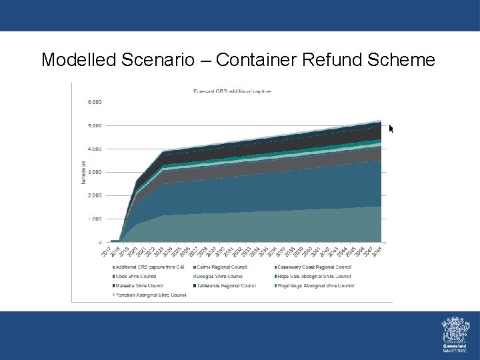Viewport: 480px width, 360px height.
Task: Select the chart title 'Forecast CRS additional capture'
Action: click(231, 91)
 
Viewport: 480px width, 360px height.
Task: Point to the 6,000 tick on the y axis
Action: click(95, 102)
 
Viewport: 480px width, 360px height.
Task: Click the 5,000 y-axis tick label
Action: click(95, 125)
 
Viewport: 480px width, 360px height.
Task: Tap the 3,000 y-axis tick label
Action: click(95, 172)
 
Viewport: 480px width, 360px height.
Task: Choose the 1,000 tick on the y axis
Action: click(95, 219)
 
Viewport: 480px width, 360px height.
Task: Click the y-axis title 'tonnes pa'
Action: click(83, 172)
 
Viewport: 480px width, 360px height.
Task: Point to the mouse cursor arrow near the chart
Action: click(391, 128)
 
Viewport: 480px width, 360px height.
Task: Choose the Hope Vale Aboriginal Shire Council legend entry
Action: click(313, 276)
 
